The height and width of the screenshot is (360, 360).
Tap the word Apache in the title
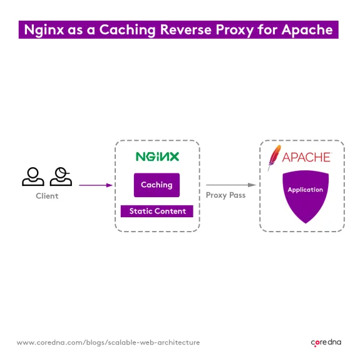[x=307, y=30]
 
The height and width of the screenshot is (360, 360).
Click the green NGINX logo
[x=157, y=157]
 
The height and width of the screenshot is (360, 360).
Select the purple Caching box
[x=157, y=185]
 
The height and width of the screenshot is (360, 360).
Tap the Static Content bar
[x=157, y=211]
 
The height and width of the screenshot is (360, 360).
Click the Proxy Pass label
[x=225, y=195]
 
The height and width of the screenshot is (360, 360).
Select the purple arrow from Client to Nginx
[x=95, y=185]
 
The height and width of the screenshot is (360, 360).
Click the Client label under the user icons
[x=47, y=196]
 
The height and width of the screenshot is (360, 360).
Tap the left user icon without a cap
[x=33, y=177]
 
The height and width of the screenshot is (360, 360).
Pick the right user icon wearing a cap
[x=61, y=177]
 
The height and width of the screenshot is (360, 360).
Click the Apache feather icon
[x=274, y=157]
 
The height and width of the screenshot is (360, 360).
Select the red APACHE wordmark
[x=306, y=157]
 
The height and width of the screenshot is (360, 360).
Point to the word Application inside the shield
[x=305, y=190]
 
